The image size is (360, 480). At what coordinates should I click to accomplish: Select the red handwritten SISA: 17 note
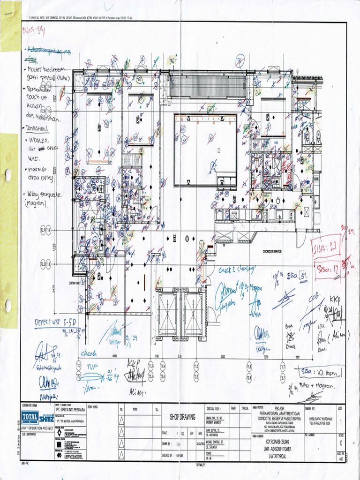pos(328,269)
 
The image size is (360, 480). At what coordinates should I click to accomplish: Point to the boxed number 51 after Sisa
pos(303,276)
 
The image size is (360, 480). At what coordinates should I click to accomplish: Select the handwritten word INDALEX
pos(40,140)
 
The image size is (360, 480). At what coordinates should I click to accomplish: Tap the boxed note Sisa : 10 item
pos(322,372)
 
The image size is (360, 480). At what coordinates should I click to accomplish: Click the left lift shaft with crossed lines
pos(167,314)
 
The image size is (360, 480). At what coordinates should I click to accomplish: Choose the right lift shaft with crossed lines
pos(193,314)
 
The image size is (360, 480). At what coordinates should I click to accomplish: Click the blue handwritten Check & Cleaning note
pos(237,270)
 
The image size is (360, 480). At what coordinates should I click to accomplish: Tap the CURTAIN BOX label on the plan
pos(75,283)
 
